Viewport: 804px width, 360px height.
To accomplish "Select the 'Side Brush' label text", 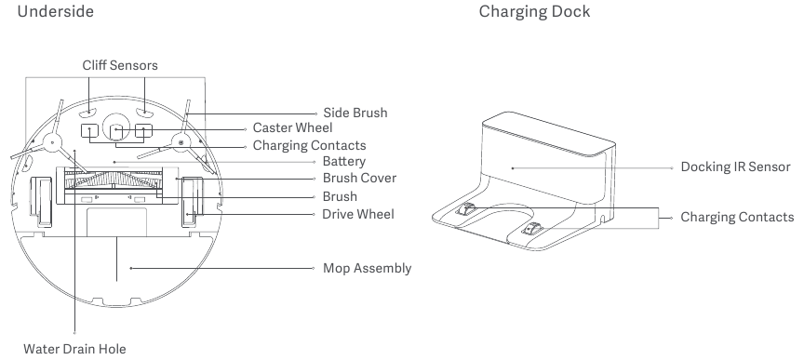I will tap(355, 113).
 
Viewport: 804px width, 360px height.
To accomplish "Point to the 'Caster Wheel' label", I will tap(292, 128).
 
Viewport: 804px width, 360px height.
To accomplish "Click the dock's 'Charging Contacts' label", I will tap(736, 217).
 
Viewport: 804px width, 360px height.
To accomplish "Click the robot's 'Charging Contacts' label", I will tap(309, 146).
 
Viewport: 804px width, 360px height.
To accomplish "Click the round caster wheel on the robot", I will tap(117, 129).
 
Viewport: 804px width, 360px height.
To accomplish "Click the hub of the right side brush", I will tap(181, 142).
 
